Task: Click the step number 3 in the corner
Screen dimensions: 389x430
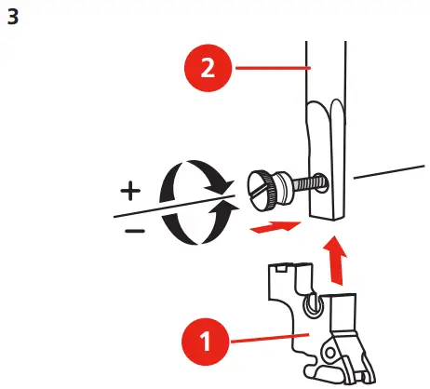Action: (13, 18)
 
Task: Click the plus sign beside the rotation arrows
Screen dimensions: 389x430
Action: (130, 192)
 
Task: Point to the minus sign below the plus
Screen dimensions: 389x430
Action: (134, 230)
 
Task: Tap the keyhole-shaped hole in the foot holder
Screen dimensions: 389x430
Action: (316, 303)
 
